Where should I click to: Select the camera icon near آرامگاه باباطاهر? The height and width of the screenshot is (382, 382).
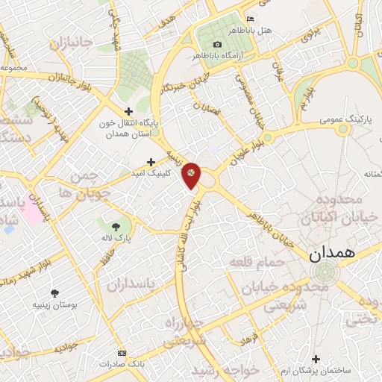point(217,44)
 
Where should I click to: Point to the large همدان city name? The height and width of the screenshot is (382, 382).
point(335,254)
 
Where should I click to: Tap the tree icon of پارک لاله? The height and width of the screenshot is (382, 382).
point(114,226)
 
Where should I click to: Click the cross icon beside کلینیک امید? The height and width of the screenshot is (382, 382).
point(151,161)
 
